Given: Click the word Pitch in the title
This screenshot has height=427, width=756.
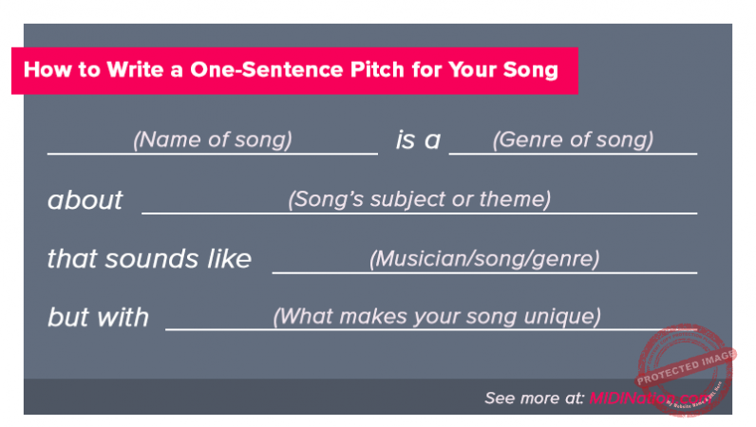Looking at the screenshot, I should pyautogui.click(x=401, y=70).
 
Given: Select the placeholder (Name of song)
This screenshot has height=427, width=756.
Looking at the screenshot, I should pyautogui.click(x=212, y=139).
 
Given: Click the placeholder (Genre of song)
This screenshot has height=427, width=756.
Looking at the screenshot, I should pyautogui.click(x=573, y=139).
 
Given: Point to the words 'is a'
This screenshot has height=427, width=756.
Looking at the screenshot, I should pyautogui.click(x=418, y=140).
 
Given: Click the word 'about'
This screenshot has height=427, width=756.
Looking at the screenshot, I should pyautogui.click(x=85, y=200).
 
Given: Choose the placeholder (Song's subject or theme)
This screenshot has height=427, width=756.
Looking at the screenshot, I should pyautogui.click(x=419, y=199).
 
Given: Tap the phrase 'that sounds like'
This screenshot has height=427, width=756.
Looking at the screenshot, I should pyautogui.click(x=149, y=258).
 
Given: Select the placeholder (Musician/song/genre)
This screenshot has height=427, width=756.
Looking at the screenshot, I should pyautogui.click(x=484, y=258).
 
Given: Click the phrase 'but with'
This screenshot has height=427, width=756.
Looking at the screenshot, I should pyautogui.click(x=98, y=317).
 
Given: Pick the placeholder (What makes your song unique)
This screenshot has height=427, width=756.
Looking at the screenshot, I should pyautogui.click(x=437, y=316).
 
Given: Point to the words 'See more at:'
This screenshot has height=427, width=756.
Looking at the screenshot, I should pyautogui.click(x=534, y=399).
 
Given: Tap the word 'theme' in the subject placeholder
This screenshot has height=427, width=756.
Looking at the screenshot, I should pyautogui.click(x=516, y=199).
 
